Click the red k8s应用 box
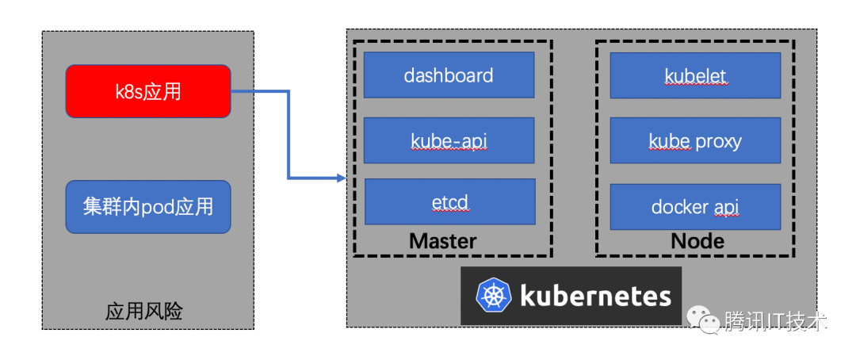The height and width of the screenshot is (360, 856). [x=148, y=91]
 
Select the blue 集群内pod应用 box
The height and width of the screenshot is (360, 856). [x=148, y=207]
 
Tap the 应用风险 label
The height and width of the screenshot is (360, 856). [x=144, y=312]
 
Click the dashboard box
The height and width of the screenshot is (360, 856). [x=449, y=75]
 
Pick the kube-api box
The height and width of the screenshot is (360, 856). [x=449, y=140]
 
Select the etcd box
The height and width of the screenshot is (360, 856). [x=450, y=201]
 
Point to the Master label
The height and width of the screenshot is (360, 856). [x=443, y=240]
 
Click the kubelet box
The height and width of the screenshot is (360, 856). [x=696, y=75]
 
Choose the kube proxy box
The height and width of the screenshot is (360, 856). [x=696, y=140]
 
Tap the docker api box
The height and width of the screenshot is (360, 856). [x=696, y=207]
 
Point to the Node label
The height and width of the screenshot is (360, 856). [x=697, y=240]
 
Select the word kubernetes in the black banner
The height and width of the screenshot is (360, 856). [x=595, y=295]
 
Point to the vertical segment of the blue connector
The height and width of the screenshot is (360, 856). [x=289, y=134]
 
